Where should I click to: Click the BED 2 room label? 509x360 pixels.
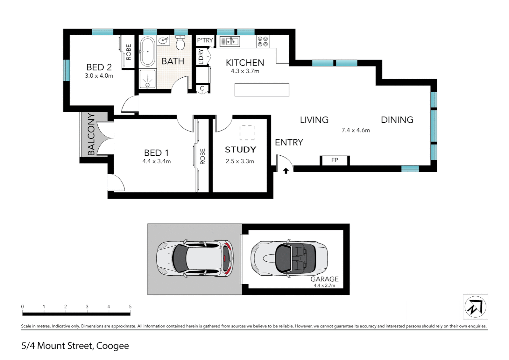coord(99,67)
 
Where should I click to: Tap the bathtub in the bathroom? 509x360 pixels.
coord(147,52)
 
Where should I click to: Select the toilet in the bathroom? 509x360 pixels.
coord(180,43)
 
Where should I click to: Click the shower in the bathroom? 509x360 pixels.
coord(147,79)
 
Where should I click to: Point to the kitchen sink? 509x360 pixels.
coord(230,41)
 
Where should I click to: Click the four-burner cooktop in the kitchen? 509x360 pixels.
coord(262,42)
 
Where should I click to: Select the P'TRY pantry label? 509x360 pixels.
coord(205,41)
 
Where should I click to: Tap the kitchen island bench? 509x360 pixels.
coord(262,90)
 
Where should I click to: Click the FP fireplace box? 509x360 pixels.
coord(334,160)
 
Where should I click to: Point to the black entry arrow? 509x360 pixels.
coord(286,171)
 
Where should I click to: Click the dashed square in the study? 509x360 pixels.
coord(247,133)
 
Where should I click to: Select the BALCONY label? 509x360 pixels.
coord(91,134)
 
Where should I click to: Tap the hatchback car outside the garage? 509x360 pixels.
coord(195,258)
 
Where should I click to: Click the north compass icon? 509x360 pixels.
coord(475,307)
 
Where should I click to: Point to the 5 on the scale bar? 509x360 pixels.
coord(130,307)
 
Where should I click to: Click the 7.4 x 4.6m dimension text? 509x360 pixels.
coord(355,130)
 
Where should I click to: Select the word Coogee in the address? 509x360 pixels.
coord(112,346)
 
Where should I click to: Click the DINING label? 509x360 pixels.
coord(397,120)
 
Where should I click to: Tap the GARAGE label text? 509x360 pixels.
coord(324,279)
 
